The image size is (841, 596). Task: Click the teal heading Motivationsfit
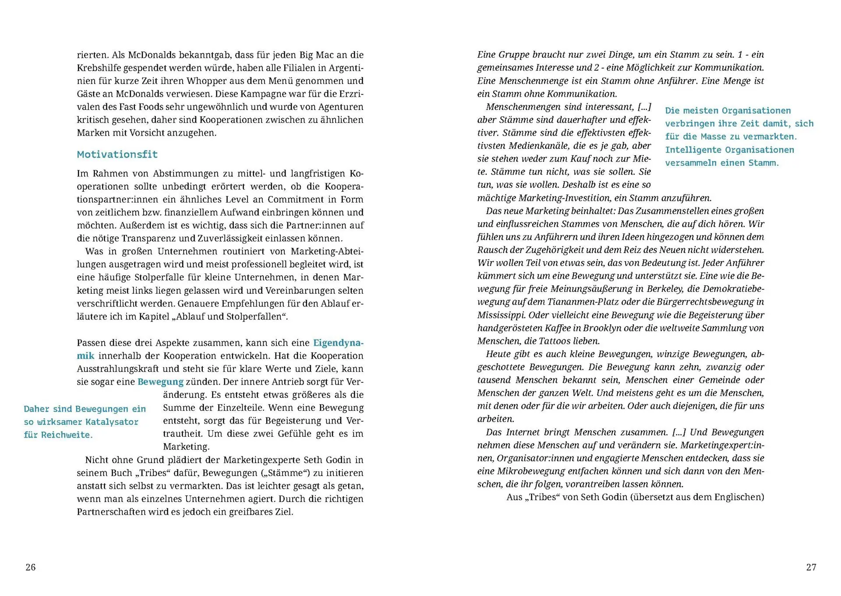[117, 154]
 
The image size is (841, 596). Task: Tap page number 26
[31, 567]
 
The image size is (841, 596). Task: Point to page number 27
[811, 567]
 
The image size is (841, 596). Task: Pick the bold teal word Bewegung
[160, 382]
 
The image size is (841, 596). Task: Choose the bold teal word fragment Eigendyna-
[338, 343]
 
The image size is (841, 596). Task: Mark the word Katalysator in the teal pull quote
[112, 422]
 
